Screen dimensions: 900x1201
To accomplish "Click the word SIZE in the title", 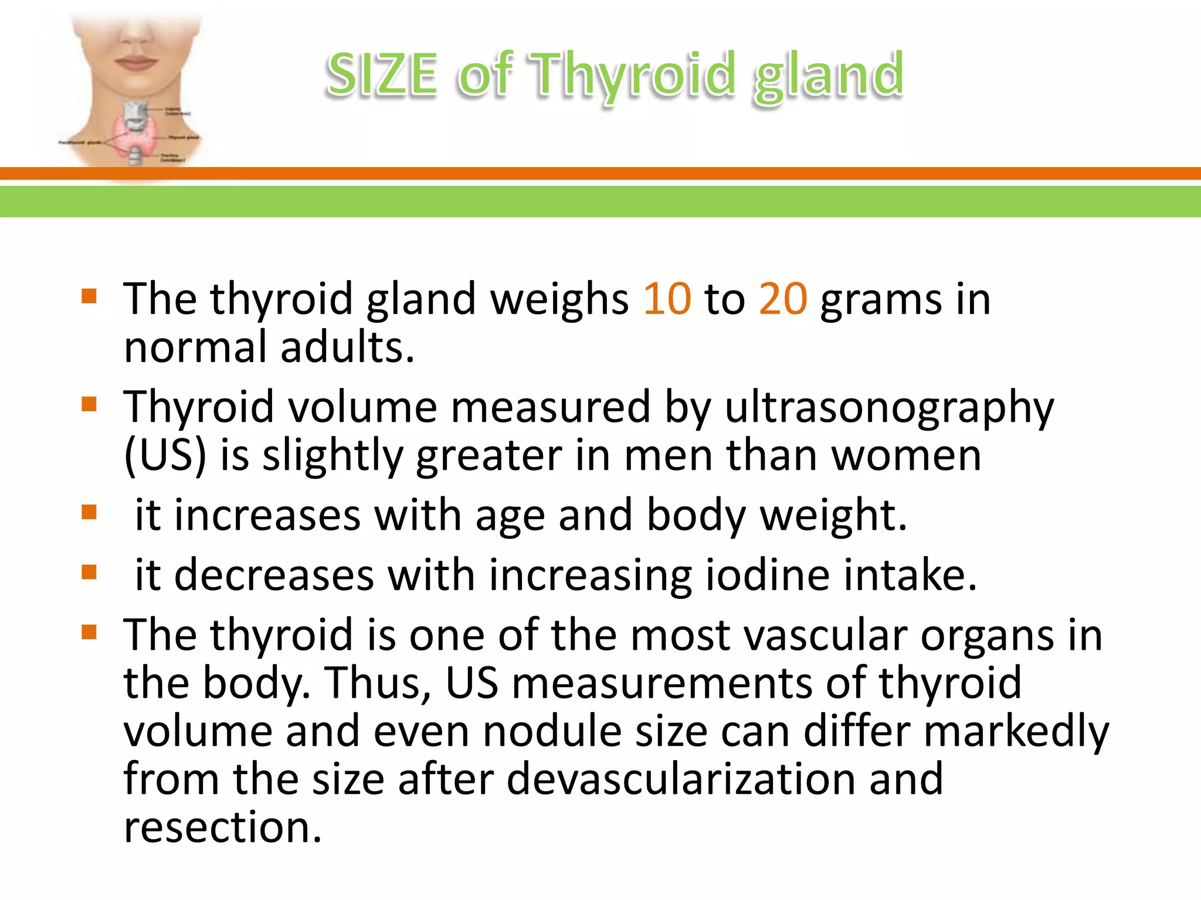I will (x=381, y=75).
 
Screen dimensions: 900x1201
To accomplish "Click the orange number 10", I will (x=667, y=299).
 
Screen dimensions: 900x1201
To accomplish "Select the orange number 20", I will (x=783, y=299).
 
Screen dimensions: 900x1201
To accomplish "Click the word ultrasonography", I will (x=889, y=408).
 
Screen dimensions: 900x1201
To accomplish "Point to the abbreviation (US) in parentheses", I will (x=165, y=455).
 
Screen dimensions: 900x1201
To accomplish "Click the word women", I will (x=906, y=455).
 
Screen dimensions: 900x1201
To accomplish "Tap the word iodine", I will (x=768, y=575).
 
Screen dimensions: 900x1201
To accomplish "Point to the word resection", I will (x=222, y=827).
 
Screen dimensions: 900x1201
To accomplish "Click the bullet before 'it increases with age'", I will (x=89, y=513).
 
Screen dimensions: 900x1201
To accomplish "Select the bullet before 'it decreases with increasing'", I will (x=89, y=572).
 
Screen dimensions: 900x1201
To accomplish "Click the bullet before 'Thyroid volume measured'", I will (x=89, y=404).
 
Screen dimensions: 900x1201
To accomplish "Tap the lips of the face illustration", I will (x=136, y=62).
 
